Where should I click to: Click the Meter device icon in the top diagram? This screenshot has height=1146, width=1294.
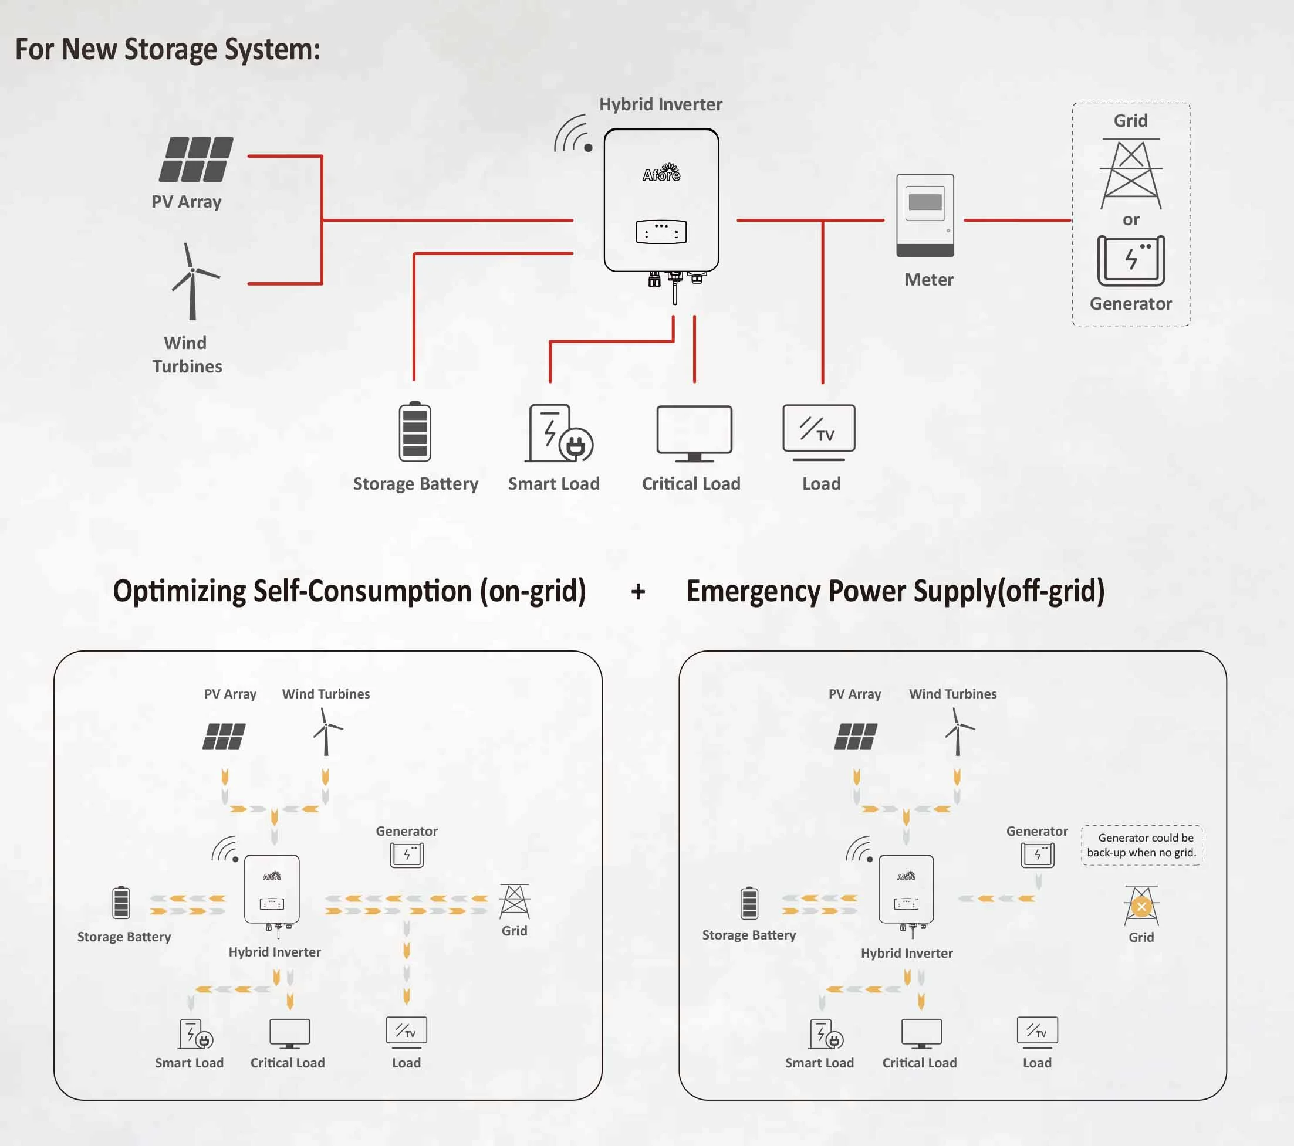pyautogui.click(x=925, y=215)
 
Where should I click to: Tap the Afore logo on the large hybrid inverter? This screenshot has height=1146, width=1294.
pyautogui.click(x=661, y=173)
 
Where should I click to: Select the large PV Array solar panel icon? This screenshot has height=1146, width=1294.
pyautogui.click(x=195, y=160)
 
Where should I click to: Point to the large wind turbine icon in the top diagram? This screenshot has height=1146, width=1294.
pyautogui.click(x=193, y=281)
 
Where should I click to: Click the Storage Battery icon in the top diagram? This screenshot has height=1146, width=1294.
pyautogui.click(x=415, y=432)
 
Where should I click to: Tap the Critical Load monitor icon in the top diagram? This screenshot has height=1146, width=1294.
pyautogui.click(x=694, y=433)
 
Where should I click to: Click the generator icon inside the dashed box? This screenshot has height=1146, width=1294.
pyautogui.click(x=1131, y=261)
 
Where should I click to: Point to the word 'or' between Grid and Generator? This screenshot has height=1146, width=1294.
pyautogui.click(x=1131, y=219)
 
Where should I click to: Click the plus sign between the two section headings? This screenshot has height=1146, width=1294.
pyautogui.click(x=638, y=592)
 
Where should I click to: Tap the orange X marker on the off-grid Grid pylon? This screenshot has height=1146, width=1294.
pyautogui.click(x=1141, y=907)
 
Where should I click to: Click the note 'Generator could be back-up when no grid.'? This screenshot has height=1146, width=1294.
pyautogui.click(x=1141, y=845)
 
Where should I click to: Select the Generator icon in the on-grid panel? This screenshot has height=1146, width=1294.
pyautogui.click(x=407, y=855)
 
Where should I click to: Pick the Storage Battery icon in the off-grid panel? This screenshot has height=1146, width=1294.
pyautogui.click(x=749, y=903)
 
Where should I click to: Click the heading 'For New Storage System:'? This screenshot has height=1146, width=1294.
pyautogui.click(x=168, y=49)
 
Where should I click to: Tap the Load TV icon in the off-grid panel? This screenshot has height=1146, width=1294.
pyautogui.click(x=1036, y=1031)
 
